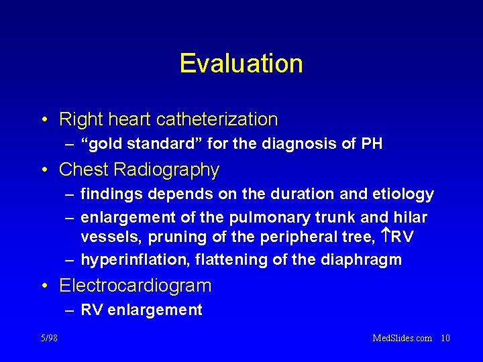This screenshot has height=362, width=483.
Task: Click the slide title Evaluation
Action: click(241, 64)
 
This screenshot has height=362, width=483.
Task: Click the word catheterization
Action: click(217, 119)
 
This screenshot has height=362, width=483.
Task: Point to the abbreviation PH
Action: click(372, 143)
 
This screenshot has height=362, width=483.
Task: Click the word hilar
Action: click(410, 217)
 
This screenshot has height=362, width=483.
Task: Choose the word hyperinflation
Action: click(128, 260)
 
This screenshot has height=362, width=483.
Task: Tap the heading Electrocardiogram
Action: click(135, 286)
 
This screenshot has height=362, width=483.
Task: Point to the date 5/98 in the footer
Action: click(48, 338)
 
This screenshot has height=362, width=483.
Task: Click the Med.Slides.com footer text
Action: click(402, 338)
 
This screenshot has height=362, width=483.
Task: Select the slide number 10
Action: click(445, 338)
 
